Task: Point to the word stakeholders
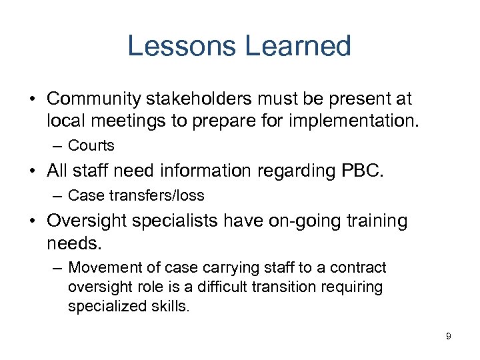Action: pyautogui.click(x=209, y=99)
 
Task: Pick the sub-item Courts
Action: pyautogui.click(x=91, y=145)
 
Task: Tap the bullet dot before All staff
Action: pyautogui.click(x=32, y=171)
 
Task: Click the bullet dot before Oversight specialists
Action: pyautogui.click(x=32, y=221)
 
